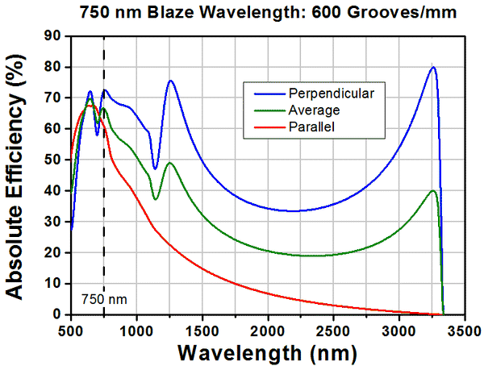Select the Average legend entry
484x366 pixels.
pos(313,110)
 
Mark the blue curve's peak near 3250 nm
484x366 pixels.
pos(433,67)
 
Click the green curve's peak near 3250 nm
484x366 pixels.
pos(433,191)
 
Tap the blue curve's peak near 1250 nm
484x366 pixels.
pos(170,81)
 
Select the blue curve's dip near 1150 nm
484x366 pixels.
pos(155,169)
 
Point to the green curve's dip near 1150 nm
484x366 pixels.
pos(156,199)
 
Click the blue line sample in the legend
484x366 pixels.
pos(262,93)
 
